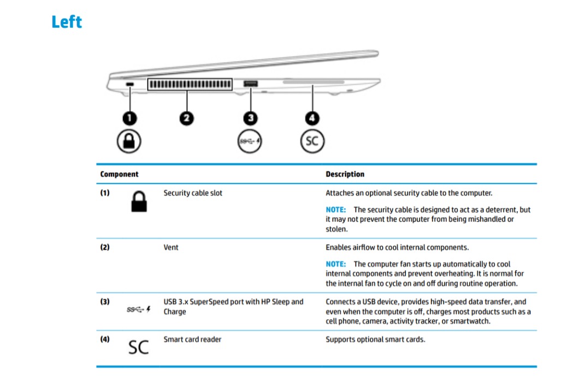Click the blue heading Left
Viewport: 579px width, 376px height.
click(67, 22)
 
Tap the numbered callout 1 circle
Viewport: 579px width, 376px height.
click(129, 118)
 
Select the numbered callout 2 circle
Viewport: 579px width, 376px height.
click(186, 118)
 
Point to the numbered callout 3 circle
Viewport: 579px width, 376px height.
click(251, 118)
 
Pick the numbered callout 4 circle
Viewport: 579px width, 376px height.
click(312, 118)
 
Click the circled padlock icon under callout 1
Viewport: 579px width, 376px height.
click(129, 141)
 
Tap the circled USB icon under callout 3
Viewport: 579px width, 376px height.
click(250, 141)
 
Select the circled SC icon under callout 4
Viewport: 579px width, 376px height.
click(312, 141)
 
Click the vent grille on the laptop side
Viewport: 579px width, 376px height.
click(190, 84)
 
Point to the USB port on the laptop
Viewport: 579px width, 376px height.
click(251, 83)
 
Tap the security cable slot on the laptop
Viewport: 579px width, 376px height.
click(129, 84)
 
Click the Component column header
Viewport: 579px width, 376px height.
click(119, 174)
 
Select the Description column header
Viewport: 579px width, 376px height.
click(345, 174)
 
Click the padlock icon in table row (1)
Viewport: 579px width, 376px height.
click(139, 201)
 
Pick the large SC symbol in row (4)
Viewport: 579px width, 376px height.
click(139, 347)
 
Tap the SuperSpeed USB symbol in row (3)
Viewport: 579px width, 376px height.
click(139, 309)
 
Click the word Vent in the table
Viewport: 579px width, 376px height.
click(171, 247)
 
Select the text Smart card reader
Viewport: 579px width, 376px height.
click(192, 339)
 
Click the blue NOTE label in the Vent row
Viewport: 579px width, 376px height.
click(336, 264)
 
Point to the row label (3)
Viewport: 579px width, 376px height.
click(105, 302)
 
